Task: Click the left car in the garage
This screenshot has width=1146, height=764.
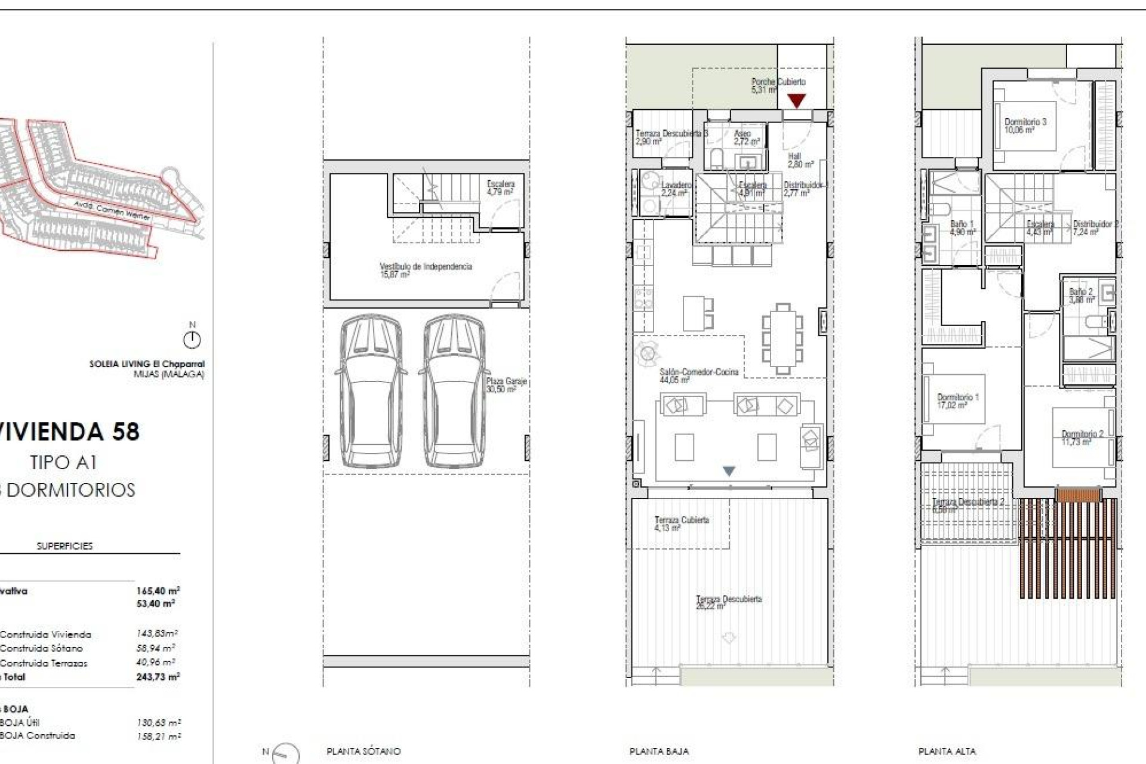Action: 371,391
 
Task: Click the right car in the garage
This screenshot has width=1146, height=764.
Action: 453,391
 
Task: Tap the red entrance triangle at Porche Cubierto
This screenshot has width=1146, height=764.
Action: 796,101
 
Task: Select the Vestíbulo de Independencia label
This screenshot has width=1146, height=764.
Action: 426,270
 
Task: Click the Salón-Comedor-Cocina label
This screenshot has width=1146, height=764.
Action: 698,375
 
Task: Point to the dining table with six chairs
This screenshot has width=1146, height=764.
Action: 782,339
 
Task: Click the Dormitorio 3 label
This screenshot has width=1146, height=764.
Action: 1025,125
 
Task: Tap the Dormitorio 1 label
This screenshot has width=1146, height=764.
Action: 957,401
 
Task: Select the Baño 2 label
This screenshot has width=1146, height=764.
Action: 1081,295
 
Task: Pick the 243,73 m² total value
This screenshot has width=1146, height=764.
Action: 158,677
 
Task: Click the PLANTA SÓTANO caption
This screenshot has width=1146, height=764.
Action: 363,751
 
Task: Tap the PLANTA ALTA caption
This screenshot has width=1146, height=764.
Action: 947,751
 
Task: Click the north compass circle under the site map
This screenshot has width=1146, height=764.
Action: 192,340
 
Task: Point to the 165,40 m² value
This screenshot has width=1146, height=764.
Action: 158,591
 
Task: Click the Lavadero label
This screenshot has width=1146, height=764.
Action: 676,189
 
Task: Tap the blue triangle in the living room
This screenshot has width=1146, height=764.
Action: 729,471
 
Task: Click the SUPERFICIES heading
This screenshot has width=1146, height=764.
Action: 64,546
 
